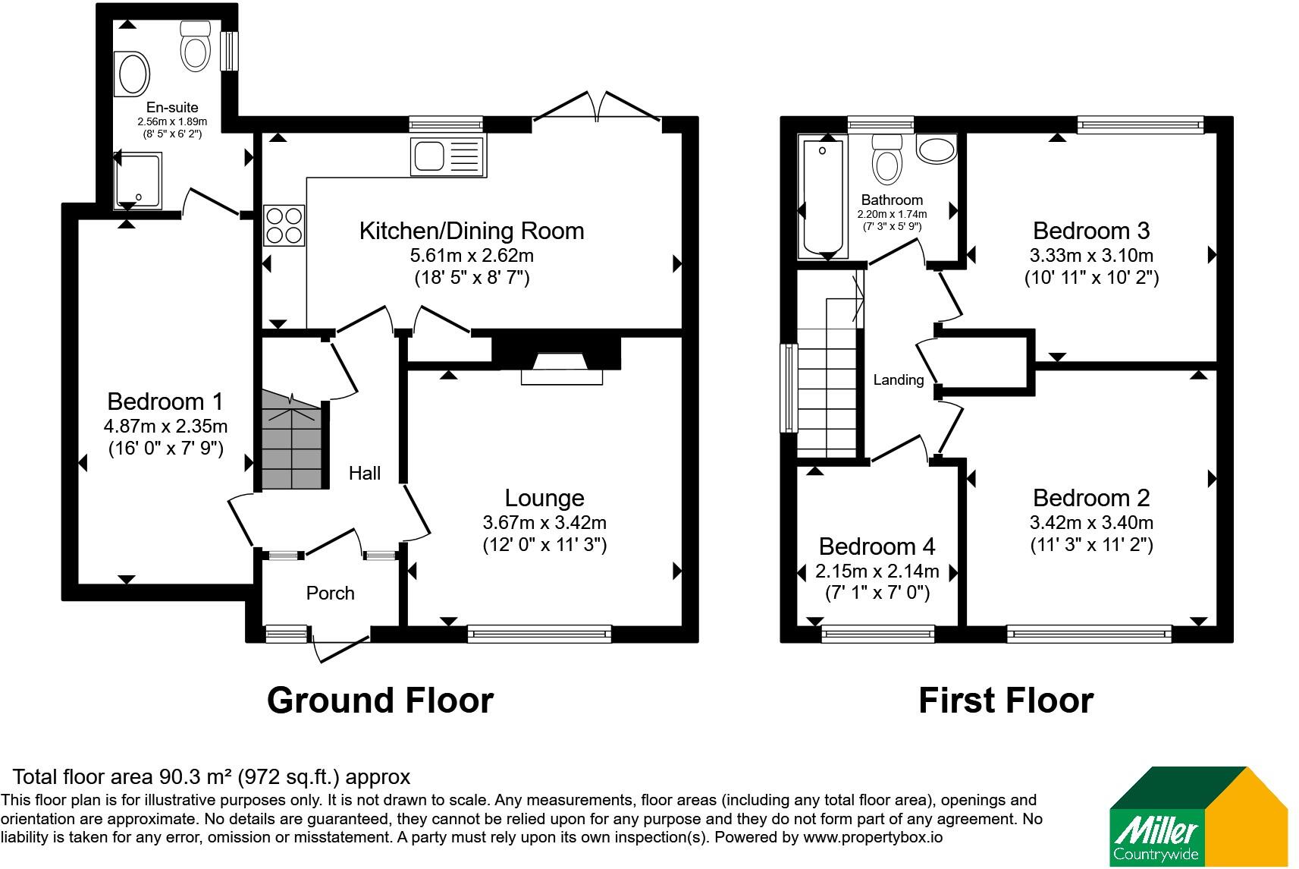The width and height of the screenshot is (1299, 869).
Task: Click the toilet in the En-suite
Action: point(196,46)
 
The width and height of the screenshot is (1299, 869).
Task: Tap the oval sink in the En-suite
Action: point(133,74)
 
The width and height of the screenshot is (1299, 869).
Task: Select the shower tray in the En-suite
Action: point(138,181)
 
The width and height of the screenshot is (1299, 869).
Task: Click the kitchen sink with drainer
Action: point(447,156)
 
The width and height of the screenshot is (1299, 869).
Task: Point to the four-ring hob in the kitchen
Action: point(284,225)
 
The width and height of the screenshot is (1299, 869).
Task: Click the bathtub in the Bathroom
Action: point(822,197)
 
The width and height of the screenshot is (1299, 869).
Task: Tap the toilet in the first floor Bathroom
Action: point(887,159)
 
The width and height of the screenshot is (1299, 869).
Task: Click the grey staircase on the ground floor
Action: point(292,439)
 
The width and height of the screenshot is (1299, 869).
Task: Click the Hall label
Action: point(365,473)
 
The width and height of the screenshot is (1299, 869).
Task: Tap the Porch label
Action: point(330,593)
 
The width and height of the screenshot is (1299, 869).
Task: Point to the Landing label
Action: point(899,379)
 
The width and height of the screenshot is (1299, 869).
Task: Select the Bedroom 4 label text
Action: point(877,546)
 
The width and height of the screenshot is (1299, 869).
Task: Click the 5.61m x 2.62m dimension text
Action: point(472,256)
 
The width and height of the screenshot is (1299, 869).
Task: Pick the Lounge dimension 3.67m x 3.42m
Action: point(544,522)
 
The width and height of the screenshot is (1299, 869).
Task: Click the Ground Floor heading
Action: point(381,700)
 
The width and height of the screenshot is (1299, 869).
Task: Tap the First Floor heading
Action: point(1006,700)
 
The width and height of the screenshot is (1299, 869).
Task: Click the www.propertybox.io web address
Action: point(873,838)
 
